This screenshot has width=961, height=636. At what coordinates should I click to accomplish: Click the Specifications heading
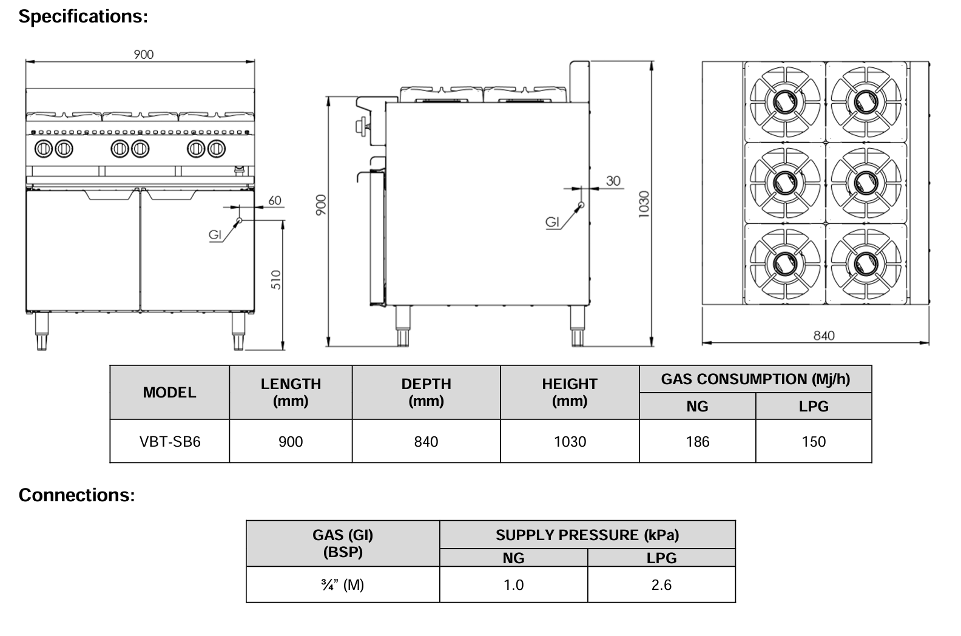(83, 17)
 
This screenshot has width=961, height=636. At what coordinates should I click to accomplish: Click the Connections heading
(76, 495)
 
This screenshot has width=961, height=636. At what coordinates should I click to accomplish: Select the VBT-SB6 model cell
(170, 442)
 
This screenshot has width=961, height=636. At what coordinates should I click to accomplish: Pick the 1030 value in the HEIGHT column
(570, 442)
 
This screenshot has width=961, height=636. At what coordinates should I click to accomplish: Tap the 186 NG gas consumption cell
(697, 442)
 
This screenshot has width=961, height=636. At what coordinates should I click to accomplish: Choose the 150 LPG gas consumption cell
(813, 442)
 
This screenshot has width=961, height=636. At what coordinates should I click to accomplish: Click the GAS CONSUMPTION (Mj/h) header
(755, 379)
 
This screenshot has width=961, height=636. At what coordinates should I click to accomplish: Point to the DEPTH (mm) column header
(426, 392)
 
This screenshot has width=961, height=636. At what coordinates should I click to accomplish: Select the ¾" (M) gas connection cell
(343, 585)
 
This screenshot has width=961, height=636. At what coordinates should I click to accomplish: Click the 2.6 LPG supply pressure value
(661, 585)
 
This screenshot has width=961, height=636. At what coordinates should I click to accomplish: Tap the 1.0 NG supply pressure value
(513, 585)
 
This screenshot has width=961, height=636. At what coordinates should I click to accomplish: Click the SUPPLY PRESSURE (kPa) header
(587, 535)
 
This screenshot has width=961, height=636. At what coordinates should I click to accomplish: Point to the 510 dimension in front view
(276, 280)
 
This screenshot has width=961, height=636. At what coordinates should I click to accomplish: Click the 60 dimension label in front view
(275, 200)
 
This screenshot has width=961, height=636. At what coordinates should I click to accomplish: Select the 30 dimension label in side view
(613, 181)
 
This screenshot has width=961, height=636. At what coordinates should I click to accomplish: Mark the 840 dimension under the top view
(823, 336)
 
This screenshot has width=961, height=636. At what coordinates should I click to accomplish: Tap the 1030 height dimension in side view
(644, 203)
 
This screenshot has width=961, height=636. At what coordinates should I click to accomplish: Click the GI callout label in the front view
(215, 234)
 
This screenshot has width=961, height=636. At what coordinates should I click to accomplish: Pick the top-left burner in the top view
(784, 100)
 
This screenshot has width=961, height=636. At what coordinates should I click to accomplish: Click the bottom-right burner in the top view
(866, 263)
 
